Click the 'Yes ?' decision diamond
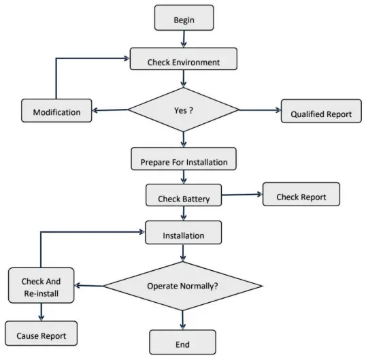(184, 110)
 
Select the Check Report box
(301, 196)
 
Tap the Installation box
(184, 235)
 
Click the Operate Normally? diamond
(183, 285)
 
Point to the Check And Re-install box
(42, 287)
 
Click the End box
(182, 344)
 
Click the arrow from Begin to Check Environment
(184, 39)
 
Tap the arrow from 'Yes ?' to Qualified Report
(260, 110)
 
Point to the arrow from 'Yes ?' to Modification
(110, 110)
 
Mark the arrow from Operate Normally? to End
(182, 319)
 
